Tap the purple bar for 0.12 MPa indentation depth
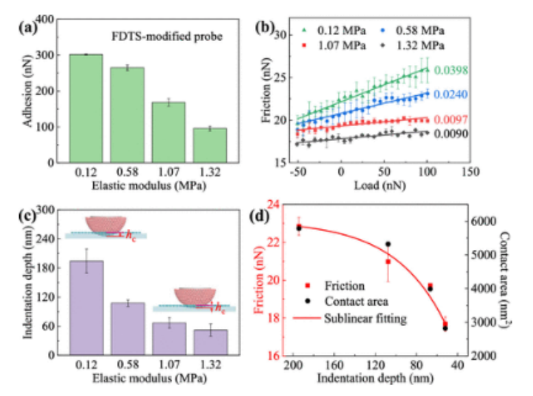[x=86, y=308]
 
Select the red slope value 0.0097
[x=449, y=120]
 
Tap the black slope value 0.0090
[x=449, y=134]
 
